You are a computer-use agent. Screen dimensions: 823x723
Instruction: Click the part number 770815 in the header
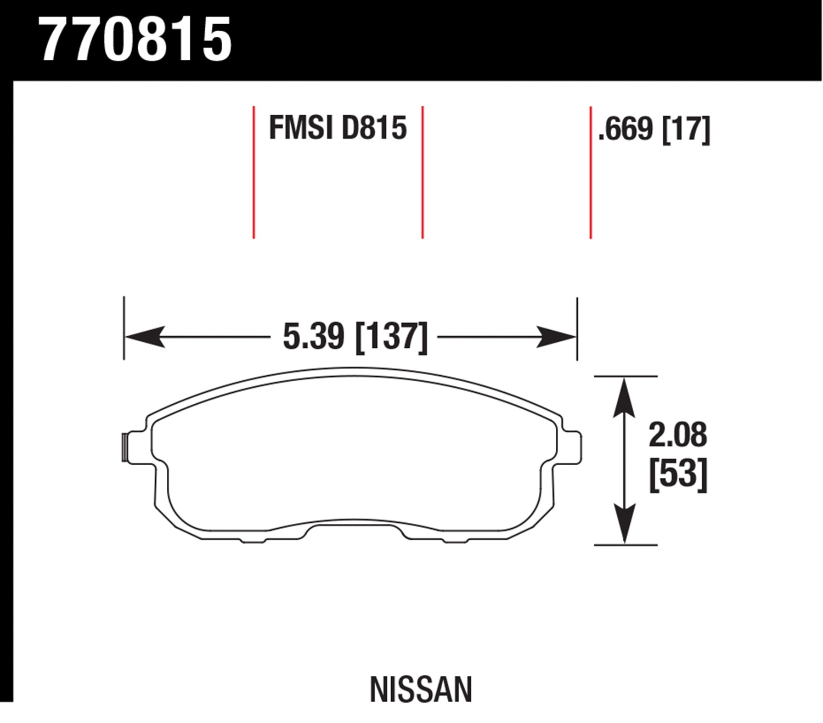pos(136,40)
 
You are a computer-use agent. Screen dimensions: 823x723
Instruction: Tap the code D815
pos(374,128)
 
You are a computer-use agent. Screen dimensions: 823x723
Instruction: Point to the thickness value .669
pos(625,129)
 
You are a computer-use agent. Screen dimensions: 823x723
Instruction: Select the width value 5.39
pos(313,337)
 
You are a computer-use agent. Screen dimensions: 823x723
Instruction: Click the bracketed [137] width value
pos(392,337)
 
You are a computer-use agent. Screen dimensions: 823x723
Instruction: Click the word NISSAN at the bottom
pos(421,689)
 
